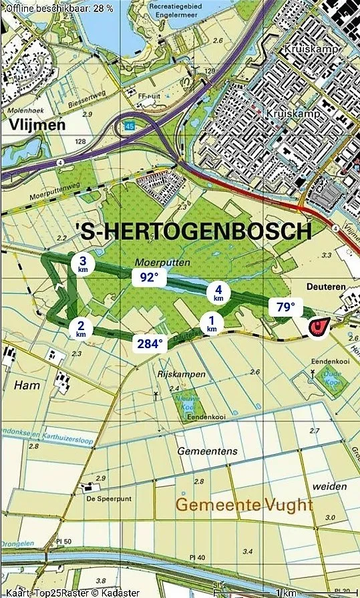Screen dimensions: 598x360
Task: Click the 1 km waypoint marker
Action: (212, 325)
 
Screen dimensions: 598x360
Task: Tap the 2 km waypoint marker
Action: (81, 329)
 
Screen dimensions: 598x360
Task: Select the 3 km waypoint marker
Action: (82, 265)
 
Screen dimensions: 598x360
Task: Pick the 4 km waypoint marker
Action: (218, 292)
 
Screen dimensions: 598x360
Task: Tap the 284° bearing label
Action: (151, 343)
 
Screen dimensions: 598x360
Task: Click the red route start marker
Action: (318, 327)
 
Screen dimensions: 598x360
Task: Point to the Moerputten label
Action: (153, 262)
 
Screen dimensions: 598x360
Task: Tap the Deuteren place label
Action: (327, 287)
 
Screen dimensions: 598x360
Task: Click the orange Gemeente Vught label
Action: (244, 504)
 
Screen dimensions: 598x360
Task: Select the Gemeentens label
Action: (207, 452)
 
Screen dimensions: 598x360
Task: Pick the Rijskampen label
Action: (181, 374)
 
